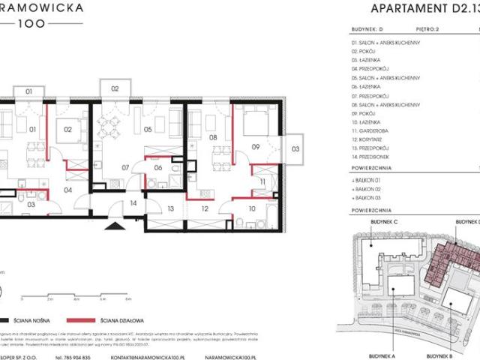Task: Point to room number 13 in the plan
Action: (x=170, y=208)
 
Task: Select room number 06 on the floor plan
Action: (x=158, y=167)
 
